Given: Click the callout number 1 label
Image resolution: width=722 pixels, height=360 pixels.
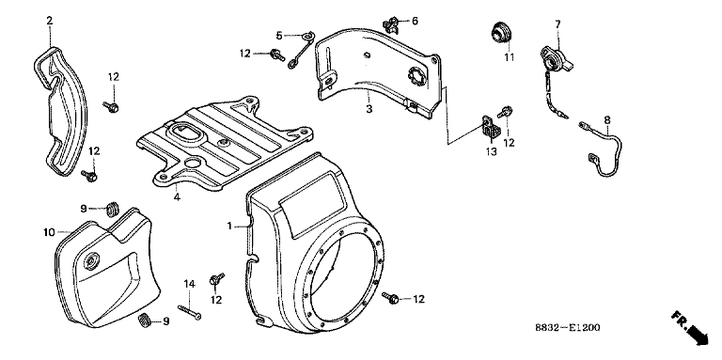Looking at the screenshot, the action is pyautogui.click(x=229, y=226).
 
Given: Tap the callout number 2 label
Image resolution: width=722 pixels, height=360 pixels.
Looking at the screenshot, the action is pyautogui.click(x=50, y=21).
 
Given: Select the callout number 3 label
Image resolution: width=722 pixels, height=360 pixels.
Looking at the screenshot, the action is pyautogui.click(x=369, y=109).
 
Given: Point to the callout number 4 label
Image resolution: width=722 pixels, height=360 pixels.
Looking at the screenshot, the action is pyautogui.click(x=178, y=197).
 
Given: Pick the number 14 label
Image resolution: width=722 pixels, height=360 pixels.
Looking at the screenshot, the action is pyautogui.click(x=190, y=284).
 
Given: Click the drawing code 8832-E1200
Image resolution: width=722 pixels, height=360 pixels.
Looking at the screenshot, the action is pyautogui.click(x=568, y=327).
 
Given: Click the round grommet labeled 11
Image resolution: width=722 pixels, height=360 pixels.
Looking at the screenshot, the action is pyautogui.click(x=499, y=34).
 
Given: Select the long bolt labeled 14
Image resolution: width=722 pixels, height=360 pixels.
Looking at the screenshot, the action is pyautogui.click(x=189, y=313).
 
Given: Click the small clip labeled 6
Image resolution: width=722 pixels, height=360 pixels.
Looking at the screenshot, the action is pyautogui.click(x=391, y=24).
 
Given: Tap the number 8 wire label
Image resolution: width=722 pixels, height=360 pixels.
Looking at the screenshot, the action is pyautogui.click(x=607, y=120).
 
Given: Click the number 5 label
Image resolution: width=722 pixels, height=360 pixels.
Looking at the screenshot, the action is pyautogui.click(x=279, y=35).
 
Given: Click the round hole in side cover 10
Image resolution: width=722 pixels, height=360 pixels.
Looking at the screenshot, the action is pyautogui.click(x=91, y=260).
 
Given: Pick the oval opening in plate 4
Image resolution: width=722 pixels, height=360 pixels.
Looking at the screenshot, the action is pyautogui.click(x=184, y=131).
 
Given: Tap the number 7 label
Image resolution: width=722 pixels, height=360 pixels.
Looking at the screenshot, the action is pyautogui.click(x=557, y=23).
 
